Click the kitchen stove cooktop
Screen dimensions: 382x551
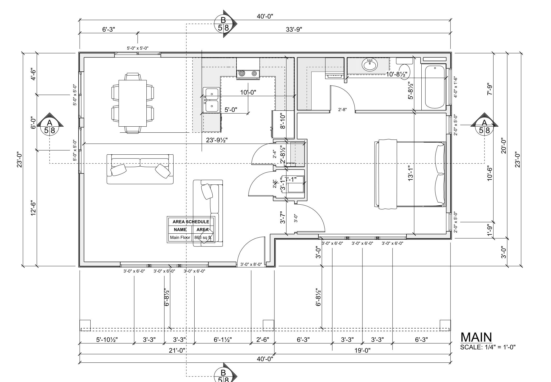pos(248,74)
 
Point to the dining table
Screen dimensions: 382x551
pos(133,103)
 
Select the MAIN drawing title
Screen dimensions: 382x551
pos(476,337)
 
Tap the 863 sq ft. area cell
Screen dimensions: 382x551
pos(203,238)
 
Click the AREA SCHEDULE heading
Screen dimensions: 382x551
pos(191,222)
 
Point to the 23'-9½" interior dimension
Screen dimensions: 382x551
pos(217,140)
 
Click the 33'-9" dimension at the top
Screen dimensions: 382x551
pos(294,29)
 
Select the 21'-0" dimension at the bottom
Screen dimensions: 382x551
pos(177,350)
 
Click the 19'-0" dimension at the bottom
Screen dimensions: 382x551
pos(362,350)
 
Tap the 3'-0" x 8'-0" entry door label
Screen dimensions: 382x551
pos(251,264)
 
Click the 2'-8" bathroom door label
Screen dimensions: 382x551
pos(342,110)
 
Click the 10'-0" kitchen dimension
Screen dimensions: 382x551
pos(248,92)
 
